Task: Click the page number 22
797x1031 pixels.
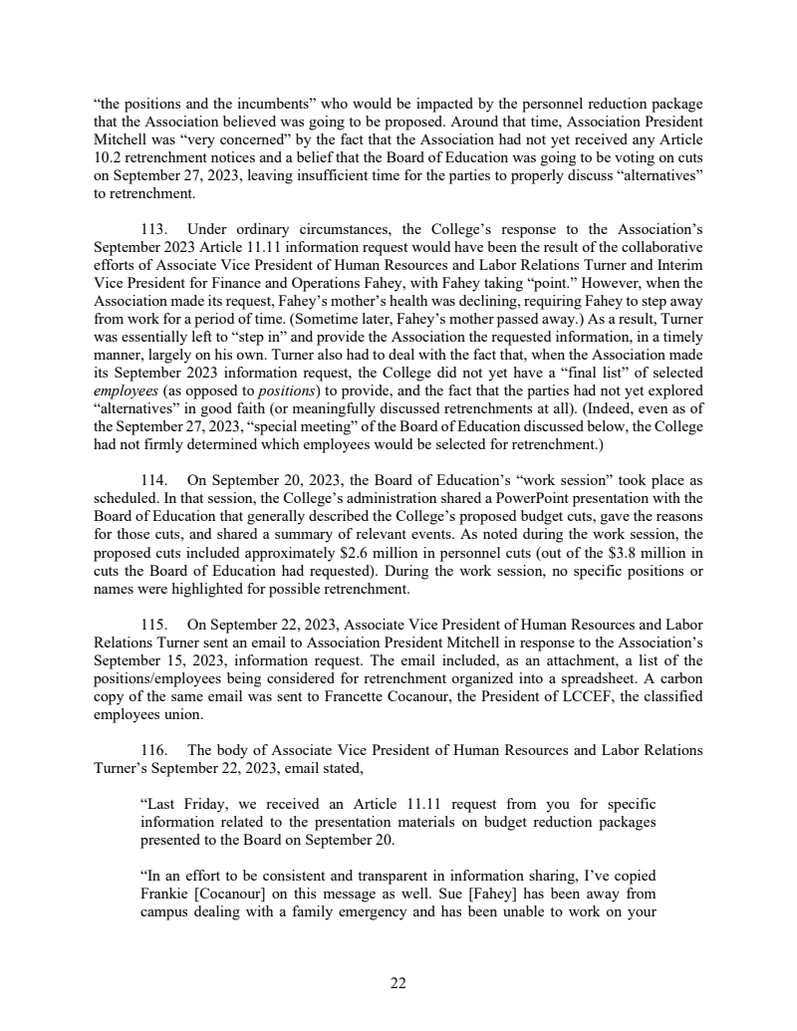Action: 398,984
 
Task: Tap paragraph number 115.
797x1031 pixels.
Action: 155,624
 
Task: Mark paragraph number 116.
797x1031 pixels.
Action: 155,750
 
